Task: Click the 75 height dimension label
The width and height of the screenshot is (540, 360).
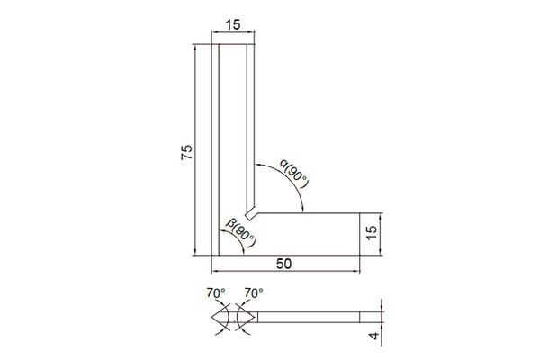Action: pyautogui.click(x=186, y=152)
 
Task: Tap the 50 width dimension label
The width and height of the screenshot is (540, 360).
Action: pyautogui.click(x=283, y=264)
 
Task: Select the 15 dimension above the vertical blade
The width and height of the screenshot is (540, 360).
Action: pyautogui.click(x=233, y=25)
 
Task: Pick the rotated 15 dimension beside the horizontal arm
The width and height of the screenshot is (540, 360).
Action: pyautogui.click(x=372, y=233)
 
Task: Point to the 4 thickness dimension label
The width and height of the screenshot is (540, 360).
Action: pyautogui.click(x=374, y=335)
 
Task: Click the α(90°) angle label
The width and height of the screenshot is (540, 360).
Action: pyautogui.click(x=294, y=174)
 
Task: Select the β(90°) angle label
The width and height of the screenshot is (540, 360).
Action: pyautogui.click(x=241, y=233)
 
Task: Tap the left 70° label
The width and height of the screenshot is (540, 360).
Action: pyautogui.click(x=216, y=292)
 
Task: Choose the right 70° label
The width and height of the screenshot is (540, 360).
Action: pyautogui.click(x=254, y=292)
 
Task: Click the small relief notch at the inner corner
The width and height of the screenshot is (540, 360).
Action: pyautogui.click(x=251, y=213)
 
